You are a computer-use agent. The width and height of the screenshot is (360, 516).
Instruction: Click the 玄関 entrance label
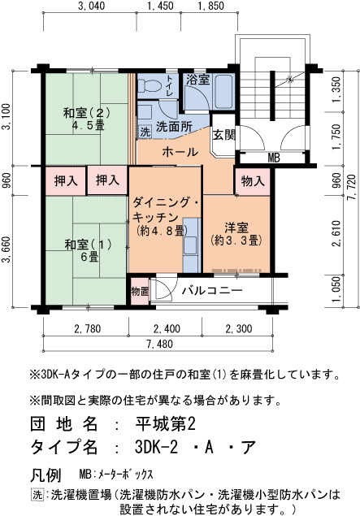click(x=223, y=135)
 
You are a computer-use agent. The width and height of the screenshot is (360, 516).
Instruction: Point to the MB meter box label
click(x=274, y=158)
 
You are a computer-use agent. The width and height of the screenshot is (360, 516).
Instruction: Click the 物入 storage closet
click(x=253, y=181)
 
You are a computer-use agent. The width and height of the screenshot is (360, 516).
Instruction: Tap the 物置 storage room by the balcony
click(x=140, y=291)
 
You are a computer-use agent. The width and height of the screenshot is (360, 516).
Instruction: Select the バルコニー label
click(x=212, y=290)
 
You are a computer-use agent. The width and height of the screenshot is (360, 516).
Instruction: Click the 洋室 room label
click(x=236, y=228)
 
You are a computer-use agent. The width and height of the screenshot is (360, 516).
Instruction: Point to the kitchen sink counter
click(x=192, y=245)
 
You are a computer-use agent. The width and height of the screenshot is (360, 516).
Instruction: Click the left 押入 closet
click(x=66, y=181)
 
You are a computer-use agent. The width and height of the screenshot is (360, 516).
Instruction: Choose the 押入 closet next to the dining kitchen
click(x=107, y=180)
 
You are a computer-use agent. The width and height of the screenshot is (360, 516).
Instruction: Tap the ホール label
click(x=180, y=152)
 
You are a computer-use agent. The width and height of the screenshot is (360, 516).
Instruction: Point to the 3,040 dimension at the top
click(x=92, y=6)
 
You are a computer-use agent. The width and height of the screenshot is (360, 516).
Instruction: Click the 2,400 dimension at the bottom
click(x=167, y=328)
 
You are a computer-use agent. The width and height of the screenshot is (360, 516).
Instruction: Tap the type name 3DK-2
click(x=156, y=447)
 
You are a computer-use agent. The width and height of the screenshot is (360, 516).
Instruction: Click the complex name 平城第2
click(x=166, y=424)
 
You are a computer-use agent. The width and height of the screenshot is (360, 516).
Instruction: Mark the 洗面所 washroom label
click(x=174, y=127)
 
